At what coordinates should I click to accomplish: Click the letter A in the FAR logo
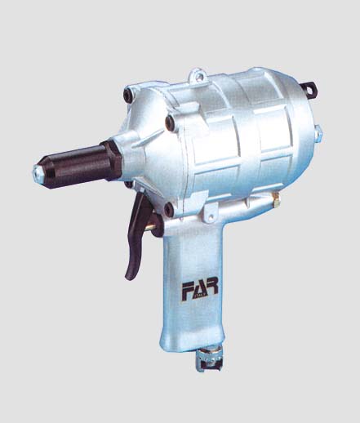[x=200, y=289]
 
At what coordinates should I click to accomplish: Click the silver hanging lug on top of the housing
[x=198, y=75]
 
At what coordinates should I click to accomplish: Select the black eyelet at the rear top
[x=309, y=89]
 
